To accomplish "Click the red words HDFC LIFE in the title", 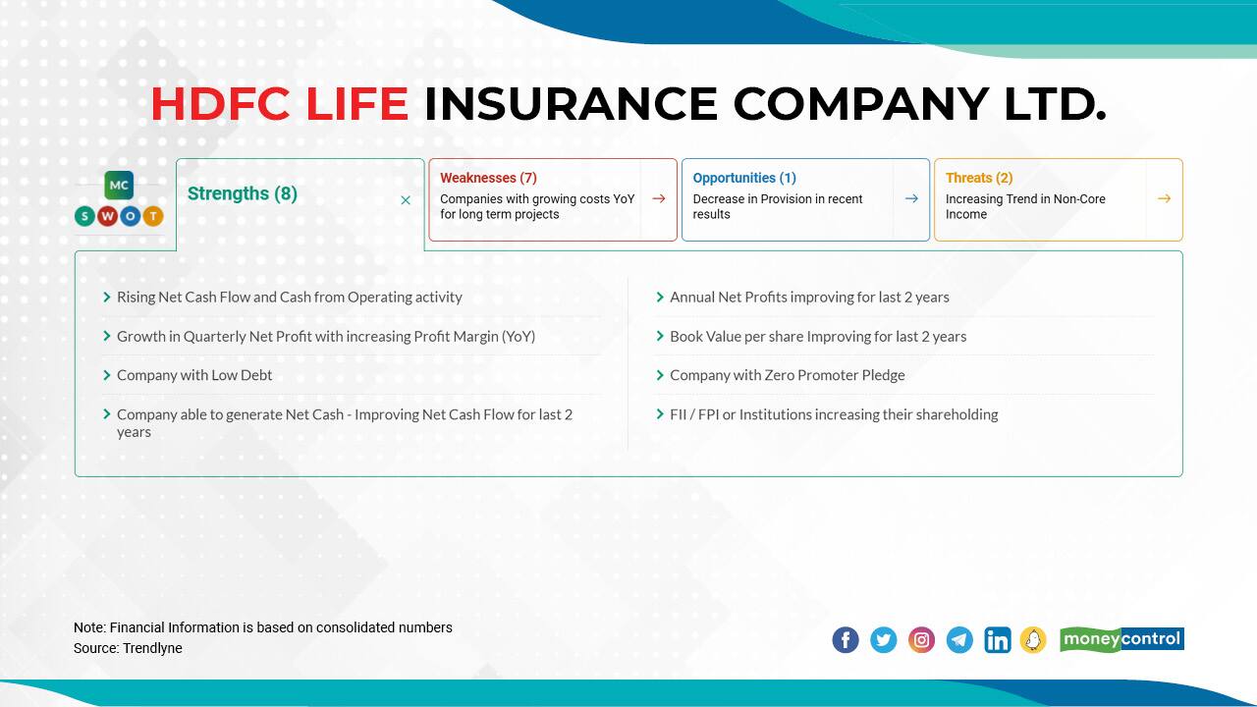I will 279,104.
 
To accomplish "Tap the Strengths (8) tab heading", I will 242,193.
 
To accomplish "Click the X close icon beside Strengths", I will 406,200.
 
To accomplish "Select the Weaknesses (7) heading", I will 488,178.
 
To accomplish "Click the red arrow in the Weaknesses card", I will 659,198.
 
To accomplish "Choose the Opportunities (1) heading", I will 743,178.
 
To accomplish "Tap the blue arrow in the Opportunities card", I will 911,198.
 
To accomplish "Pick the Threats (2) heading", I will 978,178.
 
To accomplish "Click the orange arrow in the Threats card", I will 1164,198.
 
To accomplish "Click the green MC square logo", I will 119,185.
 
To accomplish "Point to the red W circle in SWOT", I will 107,216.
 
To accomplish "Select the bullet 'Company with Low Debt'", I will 194,375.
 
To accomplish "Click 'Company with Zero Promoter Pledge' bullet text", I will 787,375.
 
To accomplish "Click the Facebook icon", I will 846,640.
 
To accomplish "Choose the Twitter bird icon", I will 884,640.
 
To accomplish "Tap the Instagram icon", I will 921,640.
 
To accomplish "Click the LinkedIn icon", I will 997,640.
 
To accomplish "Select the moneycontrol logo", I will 1121,639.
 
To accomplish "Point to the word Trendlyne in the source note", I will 152,648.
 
